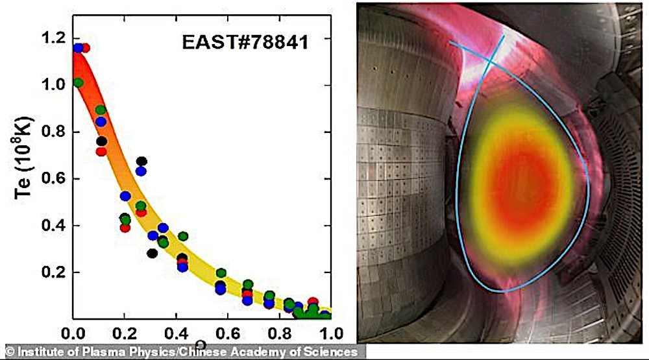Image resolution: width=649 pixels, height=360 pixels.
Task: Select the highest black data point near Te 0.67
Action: point(141,162)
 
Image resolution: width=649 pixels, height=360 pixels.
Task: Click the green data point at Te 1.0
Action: point(79,83)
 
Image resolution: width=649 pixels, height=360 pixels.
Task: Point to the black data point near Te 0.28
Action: point(152,253)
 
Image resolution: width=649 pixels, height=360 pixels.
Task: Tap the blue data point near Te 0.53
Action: point(125,196)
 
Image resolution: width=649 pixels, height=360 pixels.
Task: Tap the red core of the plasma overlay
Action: point(519,188)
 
